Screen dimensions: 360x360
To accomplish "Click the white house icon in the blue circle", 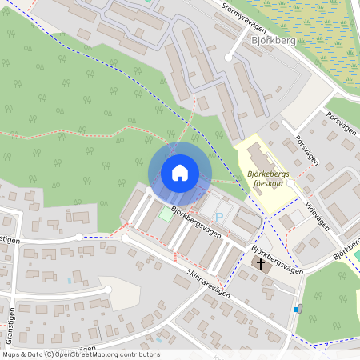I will [x=179, y=173].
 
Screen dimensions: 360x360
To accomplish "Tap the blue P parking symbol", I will [x=218, y=218].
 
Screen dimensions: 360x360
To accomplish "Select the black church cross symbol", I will [x=261, y=262].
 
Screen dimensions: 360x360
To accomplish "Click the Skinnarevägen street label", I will [x=204, y=284].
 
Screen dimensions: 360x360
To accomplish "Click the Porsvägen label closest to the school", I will [x=306, y=150].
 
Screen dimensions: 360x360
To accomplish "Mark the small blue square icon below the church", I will [x=297, y=309].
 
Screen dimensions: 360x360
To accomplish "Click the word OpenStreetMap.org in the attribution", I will [x=88, y=354].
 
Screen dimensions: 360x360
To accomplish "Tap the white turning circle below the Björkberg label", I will [x=229, y=57].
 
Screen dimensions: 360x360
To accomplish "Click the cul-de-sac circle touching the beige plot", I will [x=106, y=289].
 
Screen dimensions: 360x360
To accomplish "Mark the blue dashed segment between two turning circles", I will [x=102, y=237].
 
